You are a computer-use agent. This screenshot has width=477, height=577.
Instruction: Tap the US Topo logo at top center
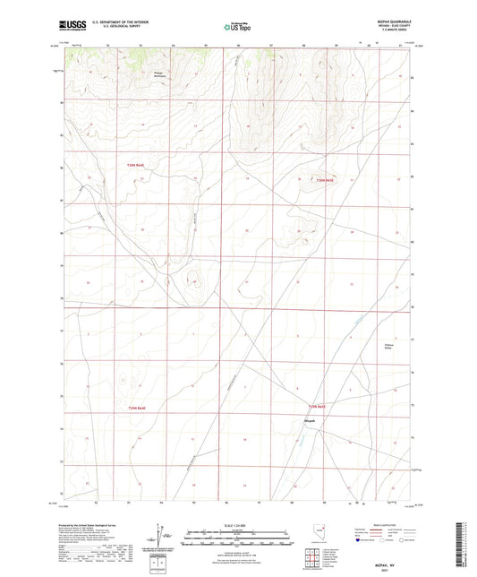point(235,28)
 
